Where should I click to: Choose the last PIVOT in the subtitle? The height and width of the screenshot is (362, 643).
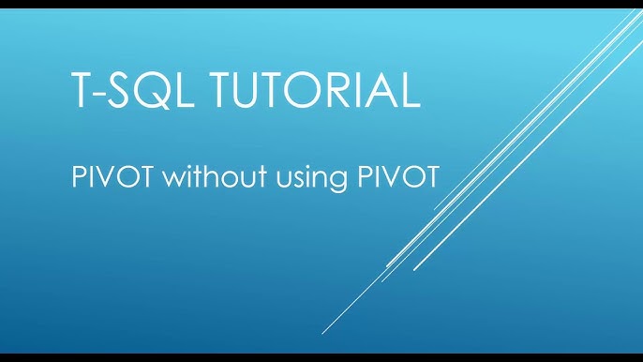(397, 176)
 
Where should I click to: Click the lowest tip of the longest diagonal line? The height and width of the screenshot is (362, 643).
(322, 334)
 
